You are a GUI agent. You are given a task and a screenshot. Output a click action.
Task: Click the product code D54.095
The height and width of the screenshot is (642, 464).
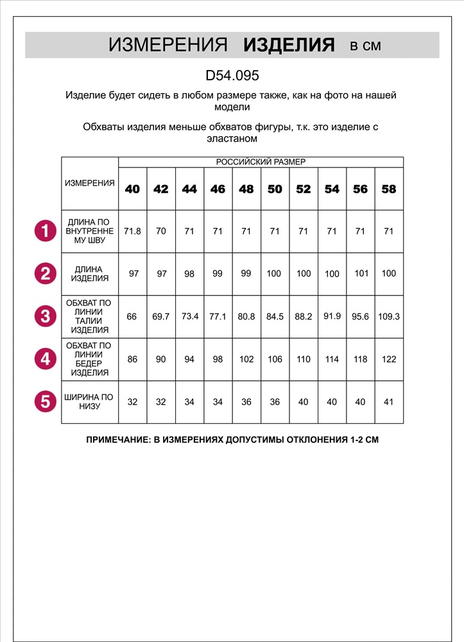tap(232, 75)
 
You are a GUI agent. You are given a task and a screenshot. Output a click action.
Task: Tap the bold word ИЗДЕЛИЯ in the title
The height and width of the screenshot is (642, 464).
tap(289, 45)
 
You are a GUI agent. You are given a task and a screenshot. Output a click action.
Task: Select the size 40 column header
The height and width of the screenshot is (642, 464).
tap(132, 189)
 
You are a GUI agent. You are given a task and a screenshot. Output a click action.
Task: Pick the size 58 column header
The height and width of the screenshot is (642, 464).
tap(388, 189)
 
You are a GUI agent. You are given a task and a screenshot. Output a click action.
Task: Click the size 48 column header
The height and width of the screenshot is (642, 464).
tap(246, 189)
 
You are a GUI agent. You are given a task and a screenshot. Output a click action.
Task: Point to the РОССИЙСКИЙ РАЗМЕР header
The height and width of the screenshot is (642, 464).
tap(261, 162)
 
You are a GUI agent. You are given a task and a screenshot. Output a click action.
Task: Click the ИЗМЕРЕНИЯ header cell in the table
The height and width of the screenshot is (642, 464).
tap(90, 183)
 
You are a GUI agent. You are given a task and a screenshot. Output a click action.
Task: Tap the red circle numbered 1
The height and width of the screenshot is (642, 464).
tap(45, 231)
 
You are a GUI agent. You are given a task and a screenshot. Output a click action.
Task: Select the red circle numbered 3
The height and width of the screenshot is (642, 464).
tap(45, 317)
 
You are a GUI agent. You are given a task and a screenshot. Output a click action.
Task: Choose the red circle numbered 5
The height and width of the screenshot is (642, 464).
tap(45, 402)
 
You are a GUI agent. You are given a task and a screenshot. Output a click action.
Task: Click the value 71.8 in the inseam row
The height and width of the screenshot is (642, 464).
tap(132, 231)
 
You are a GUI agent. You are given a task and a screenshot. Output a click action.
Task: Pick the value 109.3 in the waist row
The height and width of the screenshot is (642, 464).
tap(388, 317)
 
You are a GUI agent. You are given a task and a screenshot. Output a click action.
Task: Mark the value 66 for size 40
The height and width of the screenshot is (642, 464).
tap(132, 317)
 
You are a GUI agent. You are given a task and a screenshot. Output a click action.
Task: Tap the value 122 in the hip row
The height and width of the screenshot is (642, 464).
tap(388, 360)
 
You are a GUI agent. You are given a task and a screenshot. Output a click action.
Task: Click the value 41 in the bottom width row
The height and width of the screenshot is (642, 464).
tap(388, 402)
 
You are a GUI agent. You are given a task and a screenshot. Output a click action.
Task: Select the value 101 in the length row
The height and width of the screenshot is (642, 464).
tap(360, 273)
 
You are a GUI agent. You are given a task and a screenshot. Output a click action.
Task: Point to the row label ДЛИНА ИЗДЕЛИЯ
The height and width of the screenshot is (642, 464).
tap(90, 274)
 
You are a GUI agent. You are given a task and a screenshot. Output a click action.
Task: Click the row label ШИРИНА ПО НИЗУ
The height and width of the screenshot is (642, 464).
tap(90, 402)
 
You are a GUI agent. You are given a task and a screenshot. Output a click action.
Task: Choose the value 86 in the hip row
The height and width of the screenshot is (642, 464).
tap(132, 360)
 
